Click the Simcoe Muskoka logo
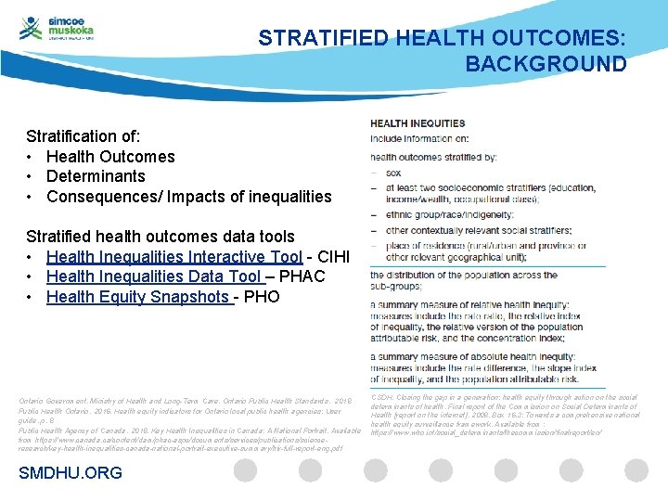pos(58,29)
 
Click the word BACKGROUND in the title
pos(546,64)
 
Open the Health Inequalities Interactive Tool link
pos(173,256)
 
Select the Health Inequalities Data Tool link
pos(154,276)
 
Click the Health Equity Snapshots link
pos(137,297)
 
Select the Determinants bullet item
pos(96,176)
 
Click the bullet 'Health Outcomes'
pos(110,156)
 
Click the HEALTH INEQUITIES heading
pos(417,123)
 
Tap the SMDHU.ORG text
pos(71,473)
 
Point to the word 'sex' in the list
pos(393,173)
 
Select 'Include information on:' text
pos(419,139)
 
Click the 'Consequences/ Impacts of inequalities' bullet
pos(188,197)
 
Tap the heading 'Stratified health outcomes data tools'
pos(161,236)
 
